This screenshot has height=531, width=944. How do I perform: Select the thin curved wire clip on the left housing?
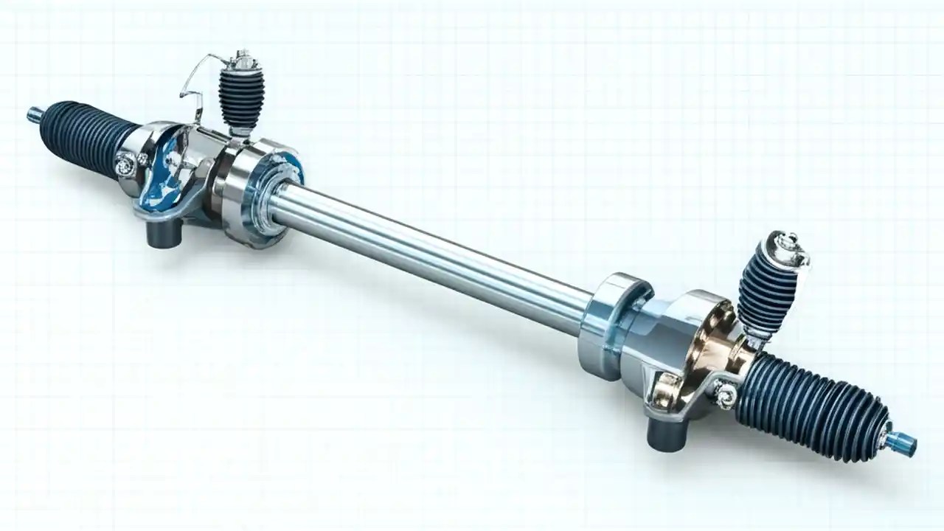[x=195, y=81]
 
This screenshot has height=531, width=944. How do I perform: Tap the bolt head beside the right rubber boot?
[x=724, y=396]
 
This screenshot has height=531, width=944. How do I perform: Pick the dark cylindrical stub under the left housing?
[x=163, y=235]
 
